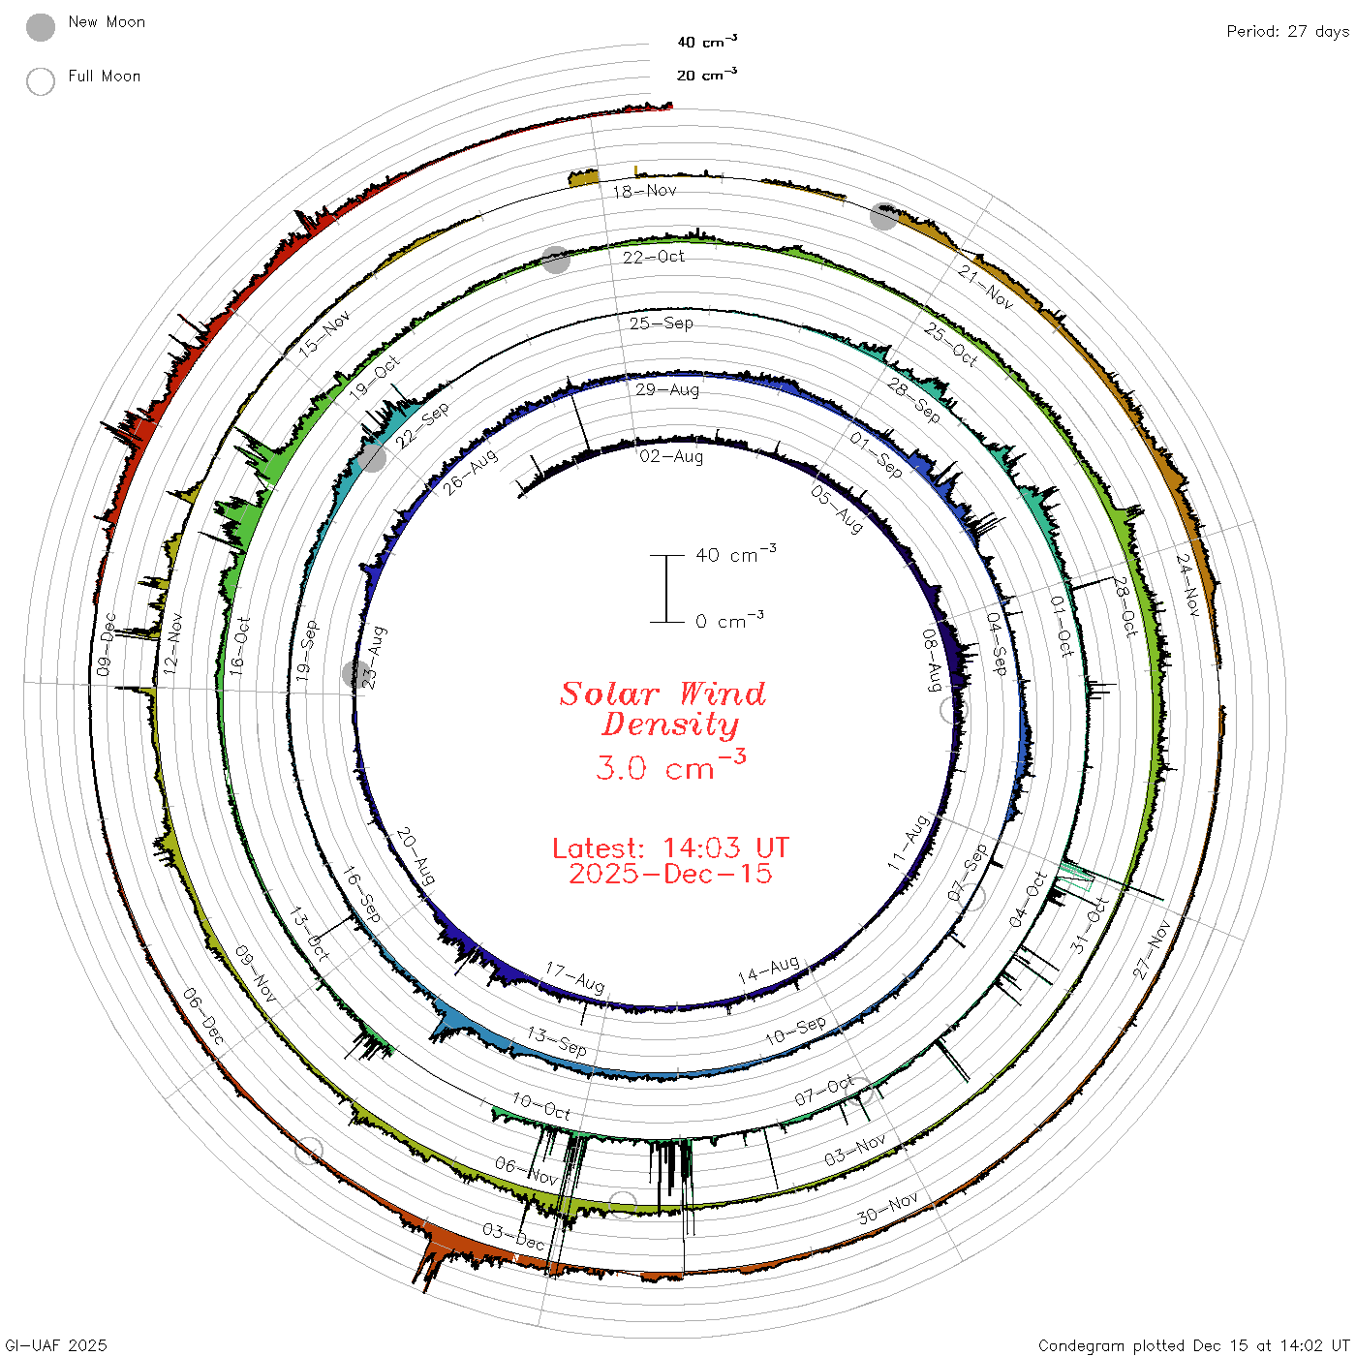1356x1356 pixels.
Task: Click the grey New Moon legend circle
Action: tap(40, 27)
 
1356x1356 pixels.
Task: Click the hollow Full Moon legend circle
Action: tap(40, 81)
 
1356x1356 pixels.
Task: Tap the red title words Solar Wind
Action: tap(663, 693)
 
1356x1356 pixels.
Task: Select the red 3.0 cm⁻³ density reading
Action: tap(670, 766)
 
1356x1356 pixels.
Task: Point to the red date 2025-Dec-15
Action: tap(670, 874)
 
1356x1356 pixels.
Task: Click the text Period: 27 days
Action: tap(1288, 32)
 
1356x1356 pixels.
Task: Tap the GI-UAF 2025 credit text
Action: tap(56, 1344)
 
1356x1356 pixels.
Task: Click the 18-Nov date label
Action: tap(644, 191)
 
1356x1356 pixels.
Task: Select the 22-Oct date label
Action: tap(654, 257)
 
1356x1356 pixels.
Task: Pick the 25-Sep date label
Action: tap(662, 323)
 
